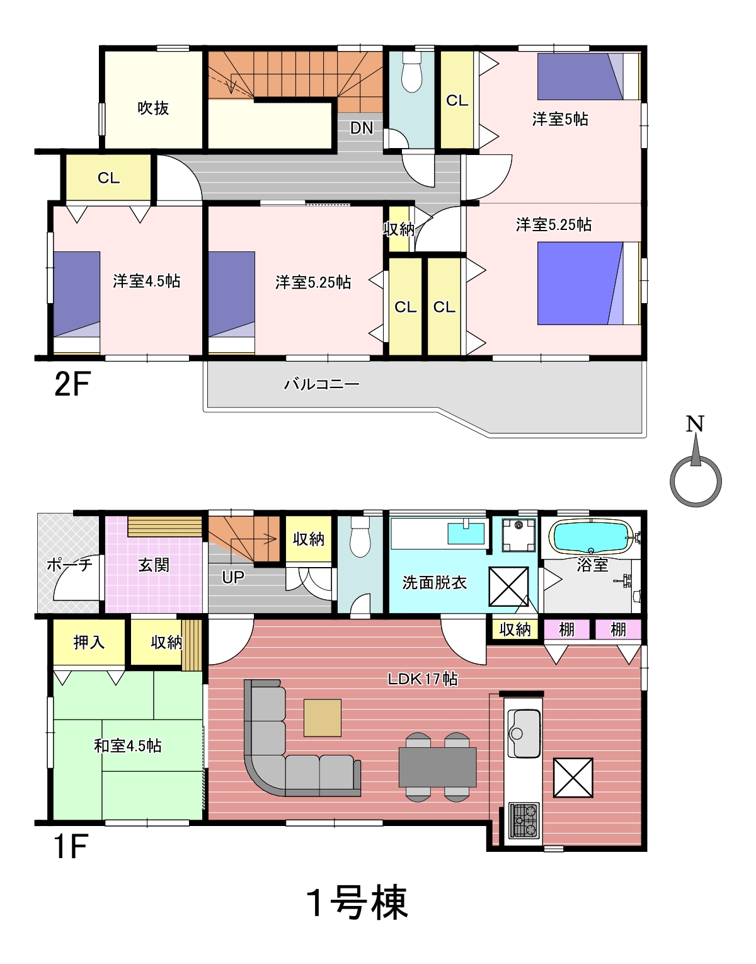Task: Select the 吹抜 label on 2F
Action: click(154, 108)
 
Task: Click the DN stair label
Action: click(362, 128)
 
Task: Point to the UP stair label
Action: click(233, 577)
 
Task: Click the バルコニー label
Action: click(322, 384)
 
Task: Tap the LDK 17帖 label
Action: click(423, 679)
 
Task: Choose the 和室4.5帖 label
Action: click(128, 746)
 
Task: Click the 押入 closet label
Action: click(89, 642)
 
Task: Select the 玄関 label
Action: click(154, 565)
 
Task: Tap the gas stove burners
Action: click(524, 820)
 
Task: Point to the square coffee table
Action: click(323, 718)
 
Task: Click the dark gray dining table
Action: click(438, 767)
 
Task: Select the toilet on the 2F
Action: click(411, 73)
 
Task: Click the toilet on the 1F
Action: click(360, 537)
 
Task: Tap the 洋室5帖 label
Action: click(560, 119)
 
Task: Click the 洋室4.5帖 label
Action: click(146, 281)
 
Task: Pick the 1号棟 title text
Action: click(357, 903)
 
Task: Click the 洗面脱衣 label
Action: click(435, 582)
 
